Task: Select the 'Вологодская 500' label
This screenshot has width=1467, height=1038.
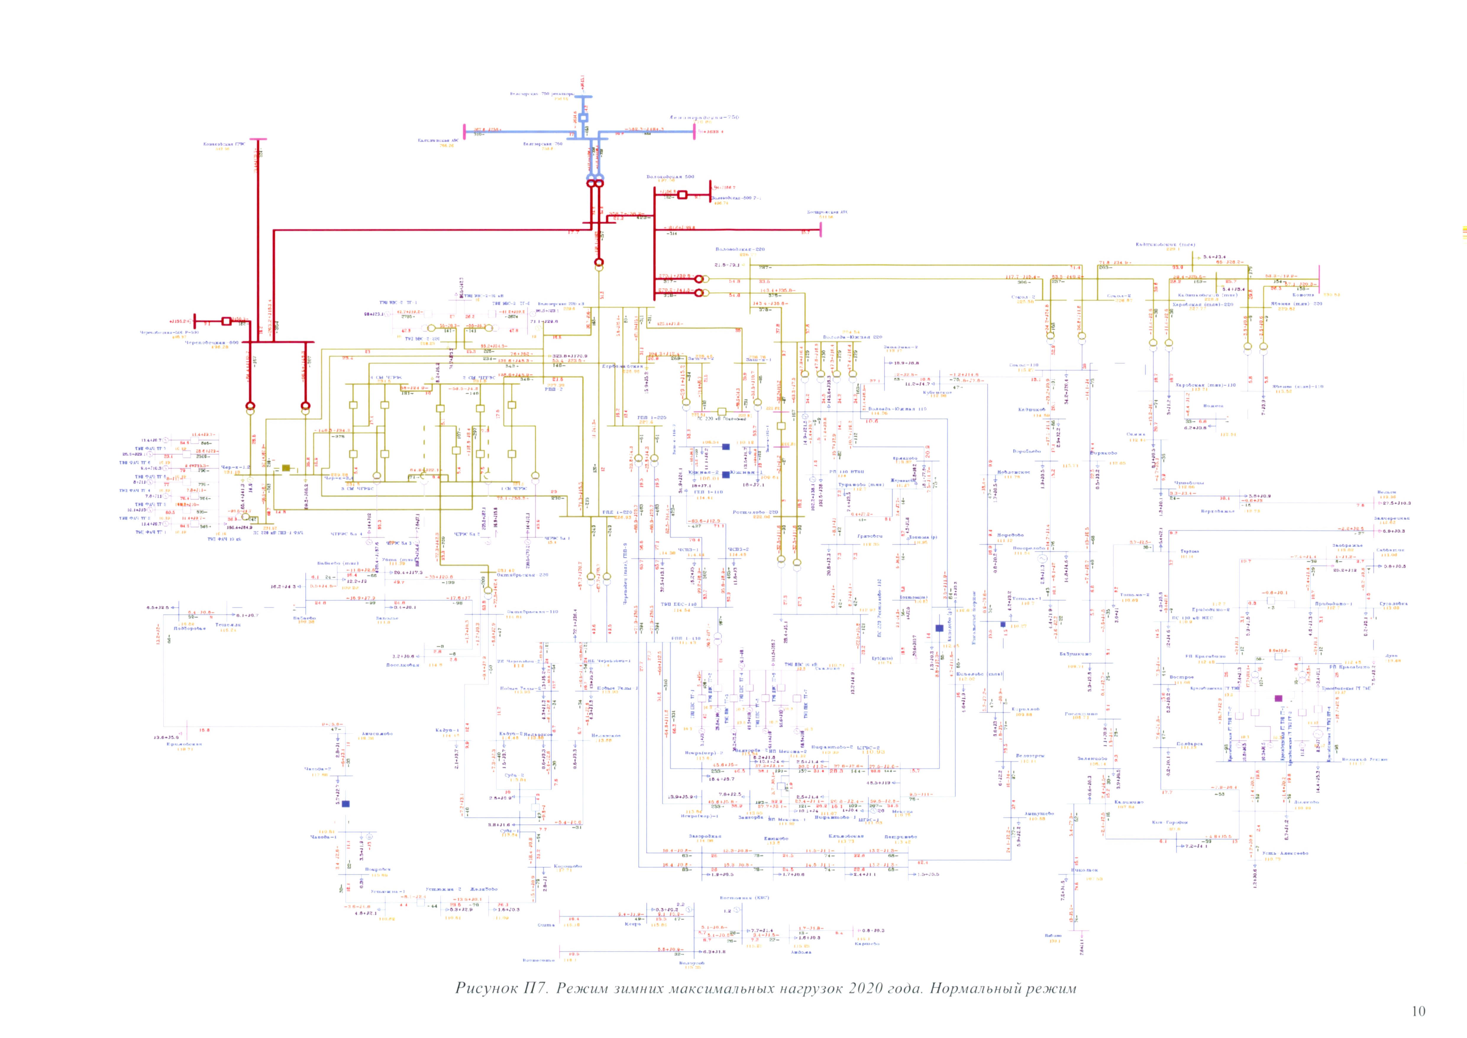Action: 670,176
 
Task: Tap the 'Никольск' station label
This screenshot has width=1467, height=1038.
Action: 1084,870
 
